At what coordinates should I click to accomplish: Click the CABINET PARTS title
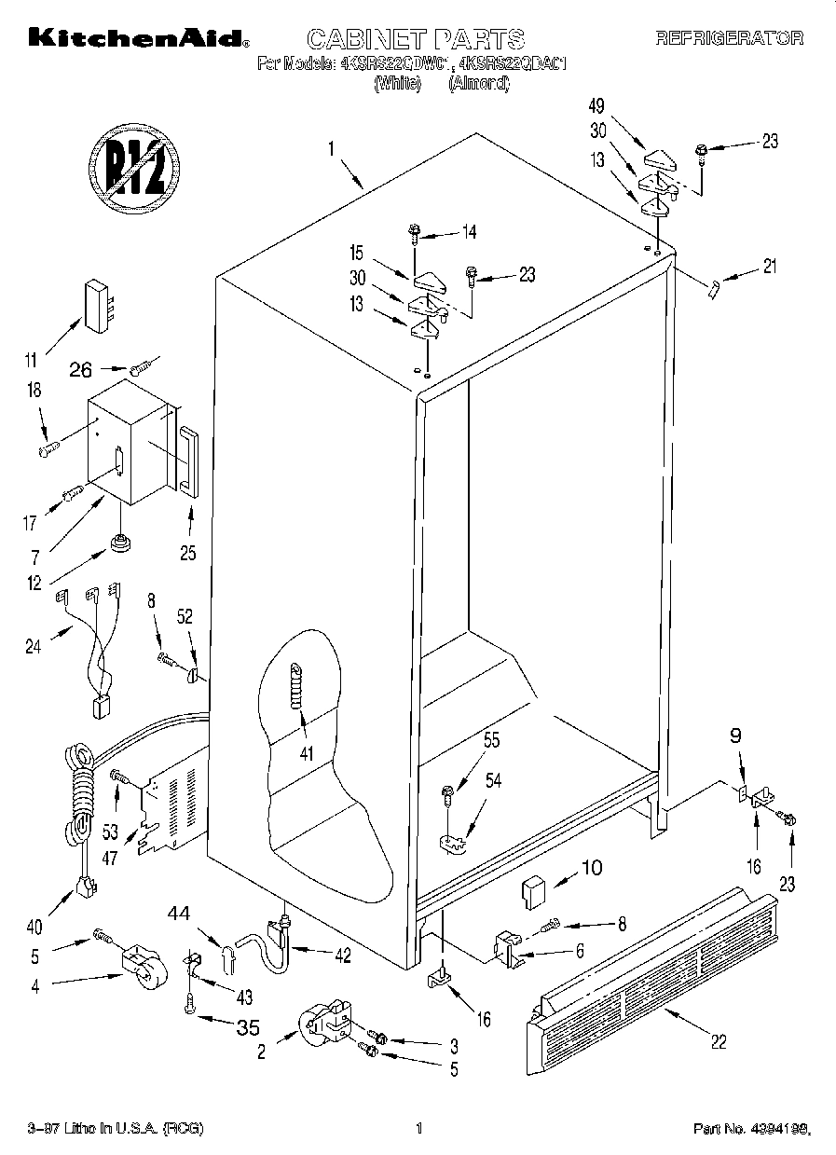[416, 39]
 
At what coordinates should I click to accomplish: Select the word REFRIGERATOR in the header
[730, 39]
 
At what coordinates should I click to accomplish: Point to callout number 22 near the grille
[718, 1042]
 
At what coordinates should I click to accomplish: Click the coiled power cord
[80, 783]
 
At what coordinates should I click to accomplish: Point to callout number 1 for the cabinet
[330, 146]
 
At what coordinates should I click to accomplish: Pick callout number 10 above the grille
[593, 868]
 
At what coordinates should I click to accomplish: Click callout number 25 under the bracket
[188, 553]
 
